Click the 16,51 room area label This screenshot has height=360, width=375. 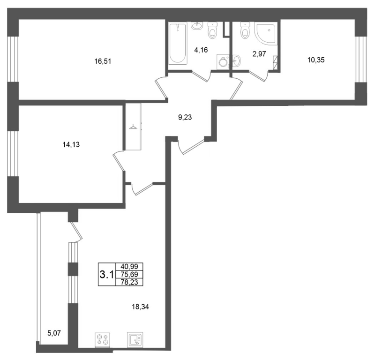pos(103,61)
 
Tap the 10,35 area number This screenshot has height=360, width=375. pos(316,60)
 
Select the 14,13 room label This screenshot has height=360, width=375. pos(71,144)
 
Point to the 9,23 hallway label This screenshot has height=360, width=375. pos(185,118)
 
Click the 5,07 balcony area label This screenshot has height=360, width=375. pos(54,333)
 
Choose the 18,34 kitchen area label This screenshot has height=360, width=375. pos(140,307)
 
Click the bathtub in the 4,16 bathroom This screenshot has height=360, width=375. pos(178,44)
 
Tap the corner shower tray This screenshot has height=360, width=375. pos(266,33)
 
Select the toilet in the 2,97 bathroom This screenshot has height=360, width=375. pos(245,30)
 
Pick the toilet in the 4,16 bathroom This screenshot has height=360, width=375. pos(212,30)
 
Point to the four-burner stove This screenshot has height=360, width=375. pos(103,340)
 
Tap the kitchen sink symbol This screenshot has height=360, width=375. pos(135,339)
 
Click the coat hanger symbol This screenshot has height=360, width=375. pos(132,127)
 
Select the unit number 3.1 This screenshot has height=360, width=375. pos(107,275)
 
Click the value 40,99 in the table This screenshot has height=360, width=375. pos(129,266)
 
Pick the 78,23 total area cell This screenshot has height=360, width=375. pos(129,282)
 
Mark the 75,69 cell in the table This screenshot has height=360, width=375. pos(129,274)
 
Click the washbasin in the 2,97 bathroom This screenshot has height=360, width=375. pos(236,60)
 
